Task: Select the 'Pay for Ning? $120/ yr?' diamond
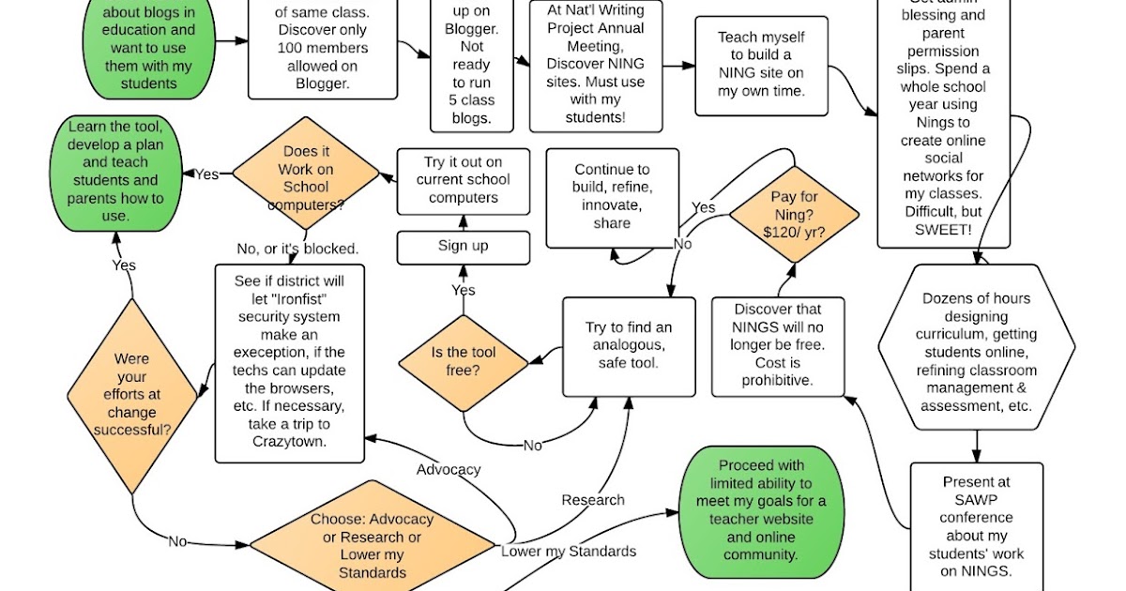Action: (x=796, y=215)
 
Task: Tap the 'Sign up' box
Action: (x=464, y=247)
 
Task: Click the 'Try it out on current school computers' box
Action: (x=464, y=180)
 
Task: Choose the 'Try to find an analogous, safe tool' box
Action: (x=629, y=345)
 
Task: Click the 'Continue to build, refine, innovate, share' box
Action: (x=612, y=197)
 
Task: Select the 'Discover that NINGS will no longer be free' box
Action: (x=778, y=345)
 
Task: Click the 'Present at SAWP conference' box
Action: (x=976, y=525)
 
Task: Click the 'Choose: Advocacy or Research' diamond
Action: (x=372, y=545)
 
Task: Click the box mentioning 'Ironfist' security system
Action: (x=289, y=364)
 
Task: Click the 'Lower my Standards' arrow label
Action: (x=569, y=551)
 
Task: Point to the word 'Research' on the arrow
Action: (x=592, y=500)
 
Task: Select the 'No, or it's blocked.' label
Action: (x=297, y=249)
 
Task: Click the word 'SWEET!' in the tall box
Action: (x=943, y=229)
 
